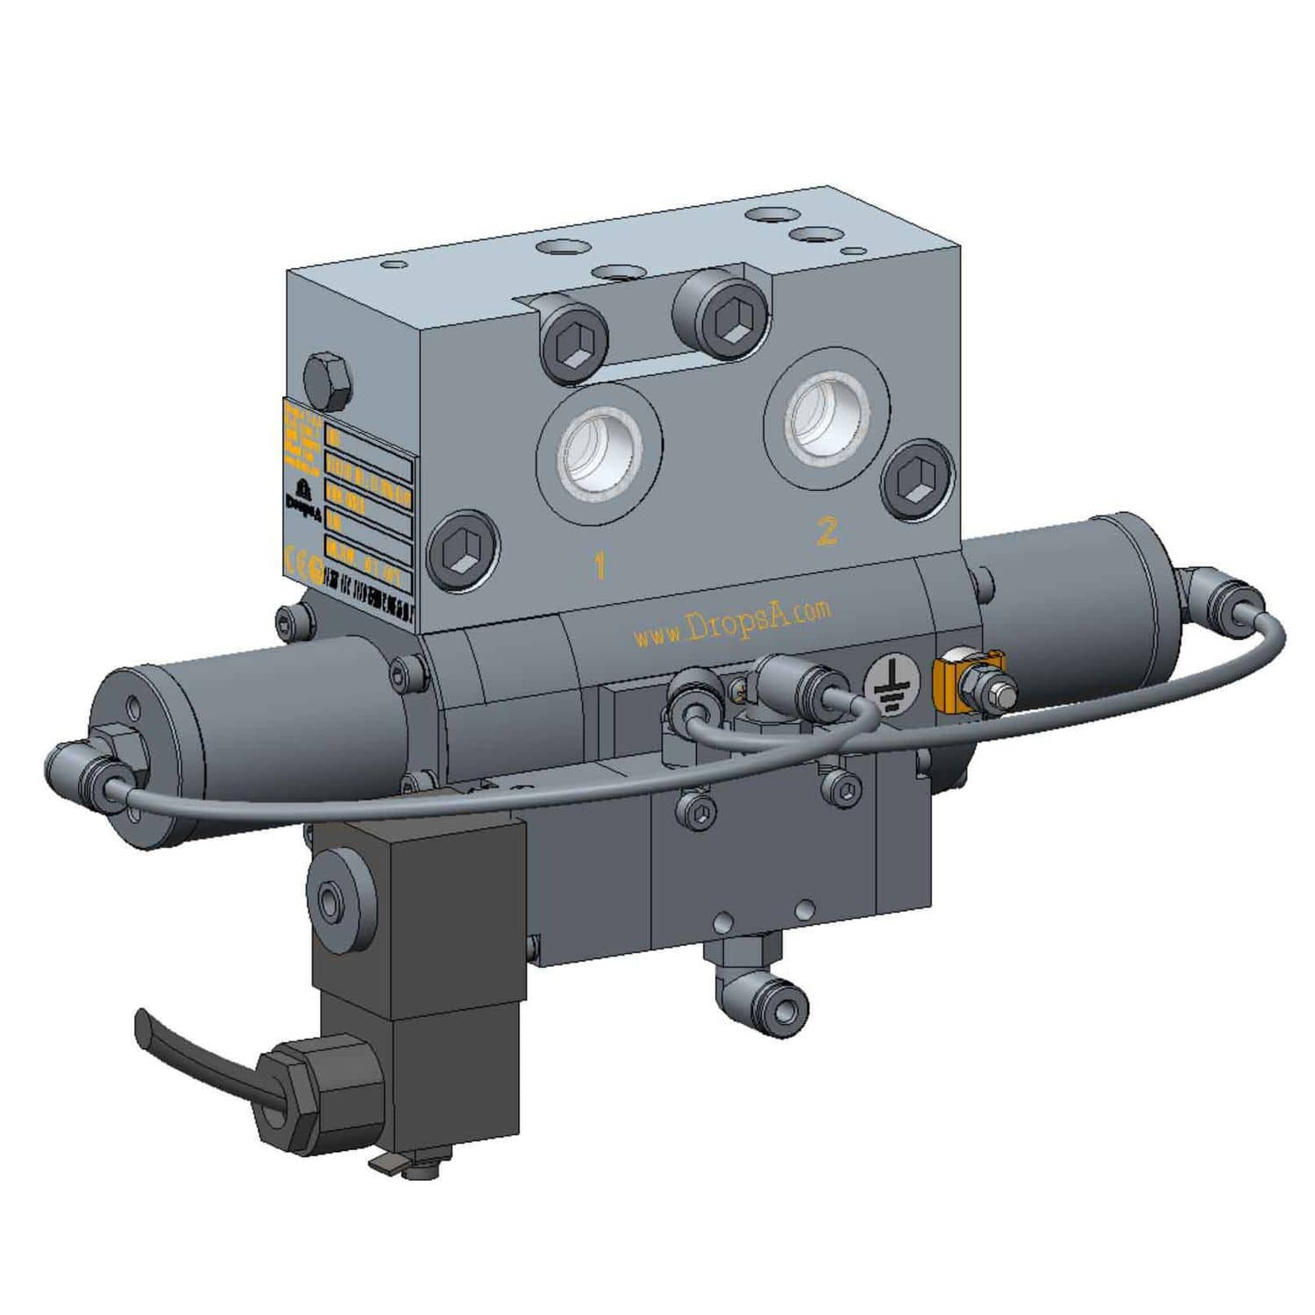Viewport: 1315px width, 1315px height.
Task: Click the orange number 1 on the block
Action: [x=600, y=565]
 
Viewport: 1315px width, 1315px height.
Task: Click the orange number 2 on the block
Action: [x=827, y=530]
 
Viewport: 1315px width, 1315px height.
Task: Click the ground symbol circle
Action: [x=893, y=683]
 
